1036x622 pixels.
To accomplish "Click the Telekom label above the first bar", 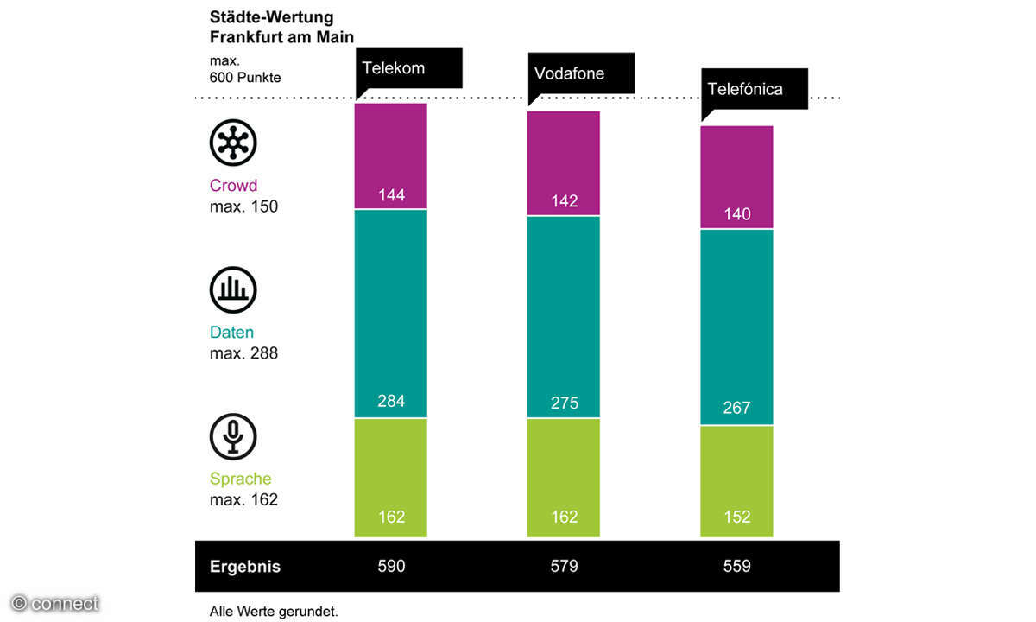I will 394,68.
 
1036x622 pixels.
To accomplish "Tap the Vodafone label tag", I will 569,73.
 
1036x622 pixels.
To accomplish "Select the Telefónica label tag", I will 745,89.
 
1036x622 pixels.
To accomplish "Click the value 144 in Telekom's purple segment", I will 391,195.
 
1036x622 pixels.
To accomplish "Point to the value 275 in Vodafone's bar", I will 564,403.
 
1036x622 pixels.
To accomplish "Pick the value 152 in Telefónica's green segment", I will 736,517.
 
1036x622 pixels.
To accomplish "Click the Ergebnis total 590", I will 391,567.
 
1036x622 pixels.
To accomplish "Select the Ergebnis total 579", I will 564,567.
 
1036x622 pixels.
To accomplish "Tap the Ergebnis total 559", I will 736,567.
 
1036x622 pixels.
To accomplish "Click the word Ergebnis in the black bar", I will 245,568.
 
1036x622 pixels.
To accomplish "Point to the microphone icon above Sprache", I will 233,436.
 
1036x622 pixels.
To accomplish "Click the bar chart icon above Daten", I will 233,289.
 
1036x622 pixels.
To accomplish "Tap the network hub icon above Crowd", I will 233,143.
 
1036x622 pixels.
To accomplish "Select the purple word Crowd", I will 233,186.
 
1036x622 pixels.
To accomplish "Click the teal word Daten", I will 231,333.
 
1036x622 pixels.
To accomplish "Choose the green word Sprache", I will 240,479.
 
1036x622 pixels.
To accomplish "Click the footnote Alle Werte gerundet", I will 274,612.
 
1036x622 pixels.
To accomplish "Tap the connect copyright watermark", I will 56,604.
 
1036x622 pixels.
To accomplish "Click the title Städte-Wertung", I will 271,17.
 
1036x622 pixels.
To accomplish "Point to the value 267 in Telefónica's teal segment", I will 736,408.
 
